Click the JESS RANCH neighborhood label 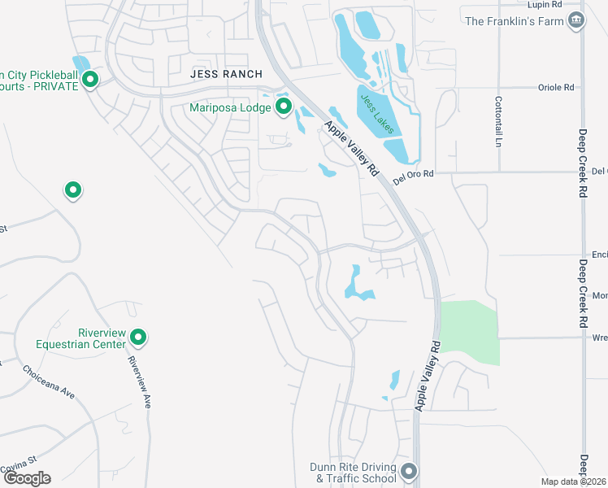pos(221,72)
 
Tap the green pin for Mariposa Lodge pos(284,107)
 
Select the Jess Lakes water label pos(376,113)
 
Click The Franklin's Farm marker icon pos(576,20)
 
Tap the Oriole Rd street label pos(556,87)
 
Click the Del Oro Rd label pos(414,173)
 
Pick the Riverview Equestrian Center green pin pos(138,337)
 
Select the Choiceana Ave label pos(49,382)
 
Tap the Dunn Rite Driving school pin pos(409,472)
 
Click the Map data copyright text pos(574,481)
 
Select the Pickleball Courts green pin pos(90,80)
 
